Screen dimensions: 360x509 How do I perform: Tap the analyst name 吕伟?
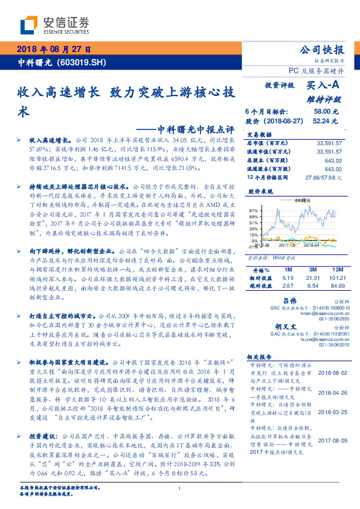(290, 300)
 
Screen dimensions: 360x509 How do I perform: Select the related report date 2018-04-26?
(330, 391)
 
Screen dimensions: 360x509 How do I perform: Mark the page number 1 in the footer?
(180, 489)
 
